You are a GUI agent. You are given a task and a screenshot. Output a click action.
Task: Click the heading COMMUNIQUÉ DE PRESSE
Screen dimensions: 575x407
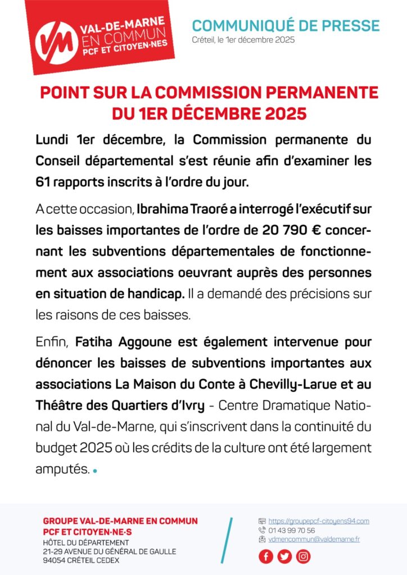(286, 25)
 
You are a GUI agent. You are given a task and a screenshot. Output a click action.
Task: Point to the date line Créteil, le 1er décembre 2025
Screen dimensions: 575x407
(243, 40)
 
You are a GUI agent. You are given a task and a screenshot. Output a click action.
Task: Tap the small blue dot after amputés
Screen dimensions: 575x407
(95, 471)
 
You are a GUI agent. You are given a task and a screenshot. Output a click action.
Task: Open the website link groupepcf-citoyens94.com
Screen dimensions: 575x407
(318, 521)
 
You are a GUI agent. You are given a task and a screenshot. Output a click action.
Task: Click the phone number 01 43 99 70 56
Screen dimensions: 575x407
(292, 530)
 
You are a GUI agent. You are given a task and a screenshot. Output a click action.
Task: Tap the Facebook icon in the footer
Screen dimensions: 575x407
(266, 556)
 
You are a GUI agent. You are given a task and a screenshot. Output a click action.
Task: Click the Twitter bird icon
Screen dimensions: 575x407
(284, 556)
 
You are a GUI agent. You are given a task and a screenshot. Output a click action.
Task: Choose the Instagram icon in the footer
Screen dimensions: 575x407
(303, 556)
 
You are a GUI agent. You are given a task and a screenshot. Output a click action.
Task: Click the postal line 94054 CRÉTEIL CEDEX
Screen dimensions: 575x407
(81, 560)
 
